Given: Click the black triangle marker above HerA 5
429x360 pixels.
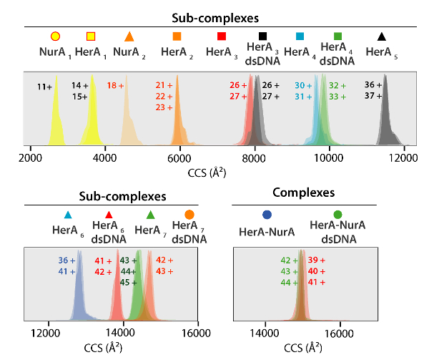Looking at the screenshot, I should (x=383, y=36).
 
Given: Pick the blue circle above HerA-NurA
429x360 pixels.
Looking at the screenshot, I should (x=267, y=214).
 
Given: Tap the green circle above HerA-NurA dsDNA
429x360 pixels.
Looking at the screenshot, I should (x=337, y=214).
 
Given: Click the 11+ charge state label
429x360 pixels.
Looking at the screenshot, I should (x=45, y=87).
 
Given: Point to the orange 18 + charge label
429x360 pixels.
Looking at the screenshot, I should (x=115, y=85).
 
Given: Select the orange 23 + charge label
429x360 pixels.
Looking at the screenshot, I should (x=164, y=107).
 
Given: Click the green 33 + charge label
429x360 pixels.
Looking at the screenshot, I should (x=337, y=96).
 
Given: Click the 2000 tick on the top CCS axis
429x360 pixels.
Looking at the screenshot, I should (x=30, y=157).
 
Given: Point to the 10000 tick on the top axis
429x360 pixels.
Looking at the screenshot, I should (x=330, y=157).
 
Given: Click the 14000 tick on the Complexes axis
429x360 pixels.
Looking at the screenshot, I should (x=266, y=331).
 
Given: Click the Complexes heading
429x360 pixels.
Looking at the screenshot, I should (x=304, y=192).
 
